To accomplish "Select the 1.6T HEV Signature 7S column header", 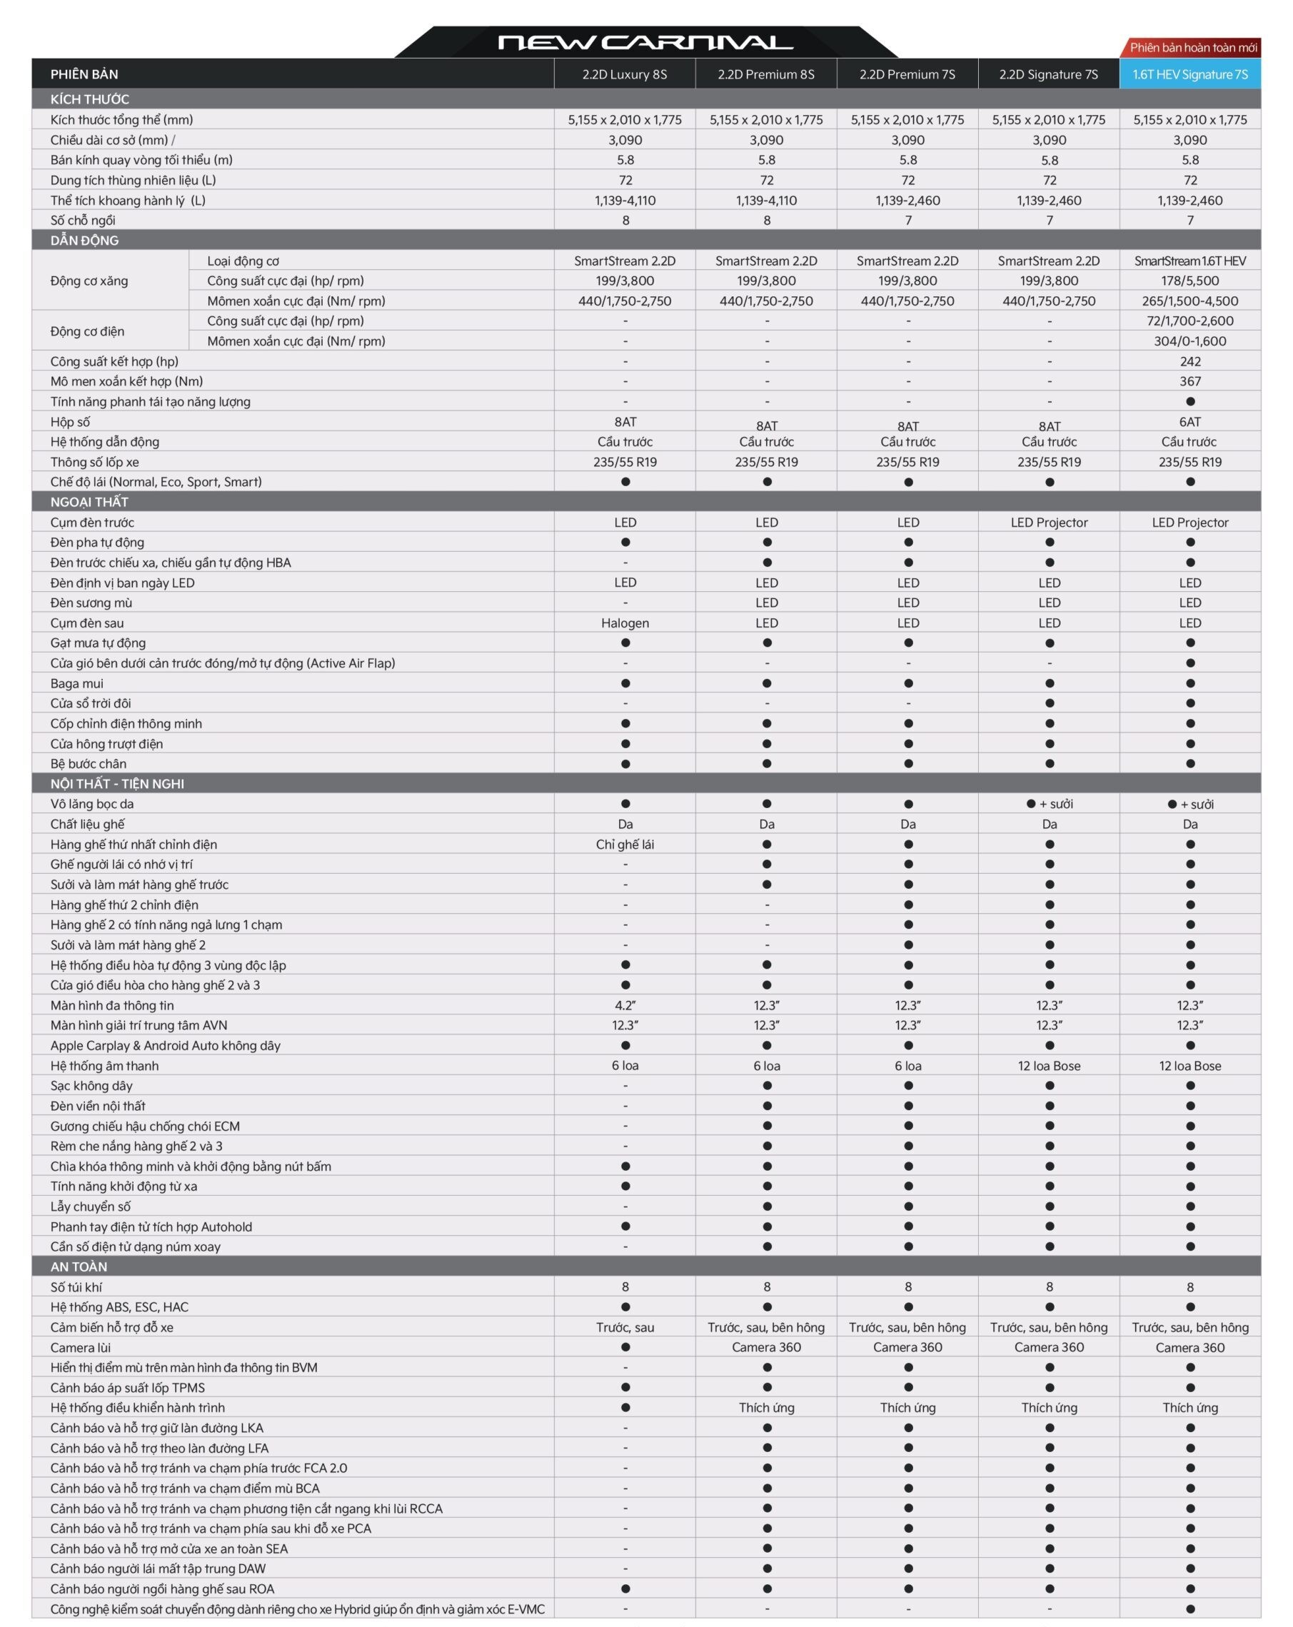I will pos(1189,74).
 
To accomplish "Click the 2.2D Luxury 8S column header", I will pos(624,74).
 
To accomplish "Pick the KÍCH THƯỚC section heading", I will pos(90,99).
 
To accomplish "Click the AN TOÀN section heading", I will pos(79,1266).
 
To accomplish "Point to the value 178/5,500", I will pos(1189,281).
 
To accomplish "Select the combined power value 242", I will pos(1189,361).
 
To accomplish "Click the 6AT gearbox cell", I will pos(1189,422).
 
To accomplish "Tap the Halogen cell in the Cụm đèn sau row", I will pos(625,623).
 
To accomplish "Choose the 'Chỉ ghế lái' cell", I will pos(625,845).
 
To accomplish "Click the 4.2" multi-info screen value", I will pos(625,1005).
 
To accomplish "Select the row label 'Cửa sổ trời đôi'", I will pos(91,703).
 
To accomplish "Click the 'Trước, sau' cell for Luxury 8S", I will pos(625,1327).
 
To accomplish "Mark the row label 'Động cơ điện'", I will pos(88,331).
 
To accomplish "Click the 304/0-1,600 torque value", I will pos(1189,341).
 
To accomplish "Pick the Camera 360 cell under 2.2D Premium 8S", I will pos(766,1347).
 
